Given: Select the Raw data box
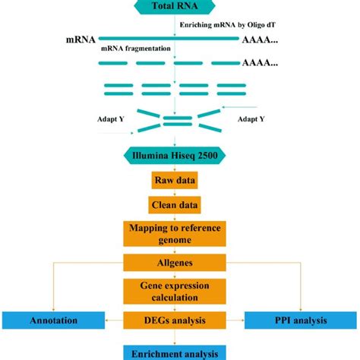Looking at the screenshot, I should tap(175, 182).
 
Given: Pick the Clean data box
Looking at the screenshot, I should tap(175, 204).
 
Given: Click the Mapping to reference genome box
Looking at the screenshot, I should tap(175, 233).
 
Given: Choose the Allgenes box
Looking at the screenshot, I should tap(175, 263).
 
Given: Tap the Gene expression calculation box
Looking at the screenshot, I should tap(175, 292).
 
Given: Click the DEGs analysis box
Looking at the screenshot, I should tap(175, 321).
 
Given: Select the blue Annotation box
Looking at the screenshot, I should tap(52, 321).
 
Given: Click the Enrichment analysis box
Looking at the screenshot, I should tap(175, 352).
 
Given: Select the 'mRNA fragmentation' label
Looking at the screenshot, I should tap(136, 48).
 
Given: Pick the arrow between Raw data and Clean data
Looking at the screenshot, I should tap(175, 193).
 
